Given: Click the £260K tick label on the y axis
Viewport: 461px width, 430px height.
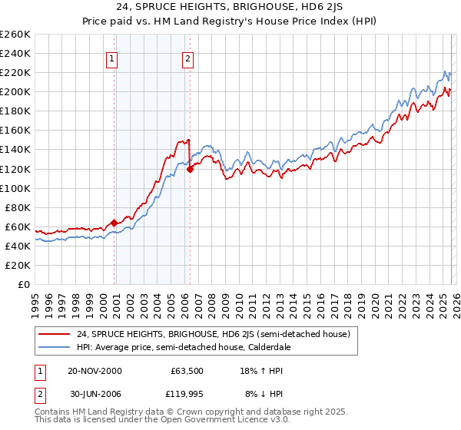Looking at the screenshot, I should coord(15,35).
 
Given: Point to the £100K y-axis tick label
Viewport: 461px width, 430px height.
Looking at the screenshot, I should coord(15,188).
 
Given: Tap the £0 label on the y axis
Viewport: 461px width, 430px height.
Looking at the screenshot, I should coord(25,284).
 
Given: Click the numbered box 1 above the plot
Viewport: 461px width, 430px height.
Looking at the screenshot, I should coord(112,58).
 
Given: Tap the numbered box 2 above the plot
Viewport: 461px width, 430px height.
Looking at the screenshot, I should coord(187,58).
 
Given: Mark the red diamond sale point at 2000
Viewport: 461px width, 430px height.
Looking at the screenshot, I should coord(114,223).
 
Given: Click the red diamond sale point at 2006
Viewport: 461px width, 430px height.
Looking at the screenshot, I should coord(190,169).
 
